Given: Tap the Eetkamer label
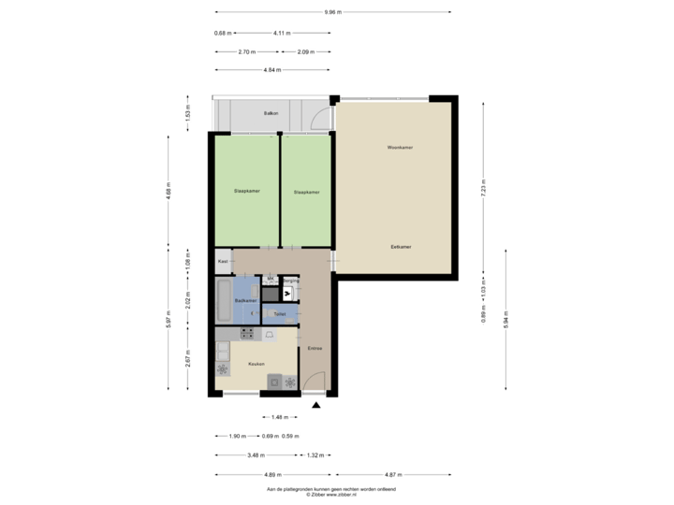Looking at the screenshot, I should (402, 247).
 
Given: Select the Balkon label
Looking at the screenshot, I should (271, 113).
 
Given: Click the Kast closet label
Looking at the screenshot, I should (223, 262).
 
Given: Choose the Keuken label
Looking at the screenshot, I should (256, 363).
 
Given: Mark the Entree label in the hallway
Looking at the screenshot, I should (315, 348).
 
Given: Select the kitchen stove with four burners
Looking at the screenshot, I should (248, 333).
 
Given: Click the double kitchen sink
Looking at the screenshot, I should (223, 352).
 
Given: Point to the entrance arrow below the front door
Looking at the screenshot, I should (315, 406).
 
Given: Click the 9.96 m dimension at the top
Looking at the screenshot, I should (332, 12).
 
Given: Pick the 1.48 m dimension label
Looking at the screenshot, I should (277, 417).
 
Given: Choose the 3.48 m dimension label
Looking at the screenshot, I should (254, 455).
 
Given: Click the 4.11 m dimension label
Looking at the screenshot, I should (279, 33).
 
